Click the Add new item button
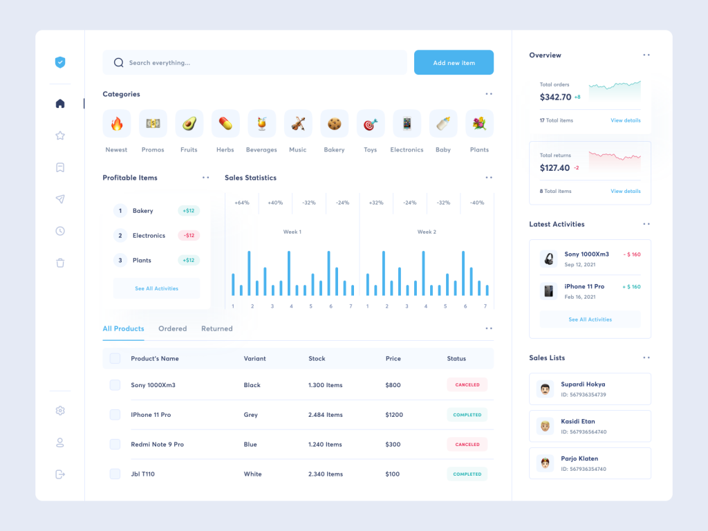coord(454,63)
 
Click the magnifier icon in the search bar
coord(118,63)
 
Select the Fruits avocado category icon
coord(189,124)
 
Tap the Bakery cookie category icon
coord(334,124)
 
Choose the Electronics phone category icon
coord(407,124)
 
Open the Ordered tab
coord(172,329)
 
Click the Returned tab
coord(216,329)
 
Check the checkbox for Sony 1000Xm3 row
coord(115,385)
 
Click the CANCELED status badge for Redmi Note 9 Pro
coord(467,445)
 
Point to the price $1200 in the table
coord(394,415)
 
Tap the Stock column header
coord(317,359)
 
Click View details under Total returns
coord(625,192)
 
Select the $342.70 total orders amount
coord(555,97)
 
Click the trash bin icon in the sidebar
coord(60,263)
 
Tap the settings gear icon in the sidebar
coord(60,411)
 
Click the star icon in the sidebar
coord(60,136)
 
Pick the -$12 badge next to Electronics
coord(189,236)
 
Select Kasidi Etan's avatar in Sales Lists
coord(545,426)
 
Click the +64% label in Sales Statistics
coord(241,203)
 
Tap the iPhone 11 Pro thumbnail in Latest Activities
coord(549,291)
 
